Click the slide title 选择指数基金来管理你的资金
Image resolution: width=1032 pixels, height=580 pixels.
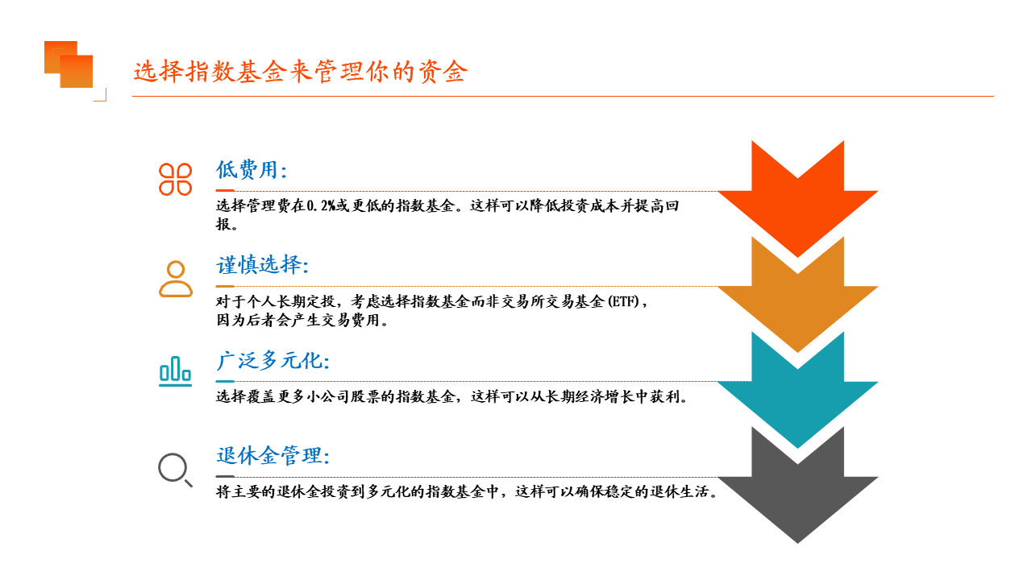pyautogui.click(x=301, y=72)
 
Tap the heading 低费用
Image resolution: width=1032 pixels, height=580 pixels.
pyautogui.click(x=252, y=170)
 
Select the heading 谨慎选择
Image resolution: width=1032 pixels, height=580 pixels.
pyautogui.click(x=262, y=265)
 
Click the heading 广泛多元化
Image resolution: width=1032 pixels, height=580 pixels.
pyautogui.click(x=273, y=360)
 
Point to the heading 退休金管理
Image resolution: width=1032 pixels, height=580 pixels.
pyautogui.click(x=273, y=456)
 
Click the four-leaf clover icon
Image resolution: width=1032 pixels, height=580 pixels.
pyautogui.click(x=175, y=180)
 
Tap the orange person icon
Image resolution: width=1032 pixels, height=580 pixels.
pyautogui.click(x=176, y=279)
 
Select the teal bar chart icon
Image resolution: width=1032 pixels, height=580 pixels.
pyautogui.click(x=175, y=371)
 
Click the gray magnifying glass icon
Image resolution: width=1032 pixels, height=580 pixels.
pyautogui.click(x=175, y=470)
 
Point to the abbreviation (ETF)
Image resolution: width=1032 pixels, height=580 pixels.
pyautogui.click(x=624, y=301)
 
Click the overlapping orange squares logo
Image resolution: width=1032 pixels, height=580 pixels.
pyautogui.click(x=69, y=64)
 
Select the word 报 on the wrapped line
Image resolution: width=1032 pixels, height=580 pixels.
pyautogui.click(x=223, y=224)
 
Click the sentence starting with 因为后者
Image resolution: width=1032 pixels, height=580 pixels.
pyautogui.click(x=302, y=320)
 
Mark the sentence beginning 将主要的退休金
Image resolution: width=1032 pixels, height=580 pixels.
pyautogui.click(x=467, y=491)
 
